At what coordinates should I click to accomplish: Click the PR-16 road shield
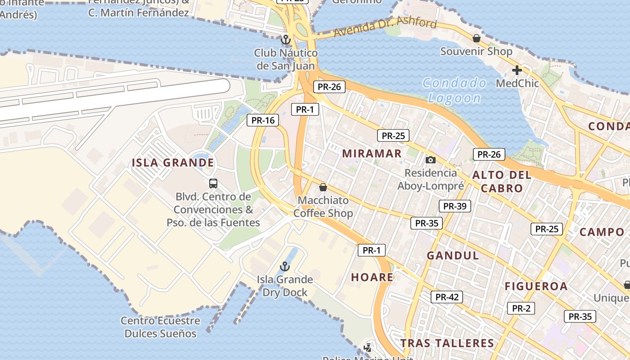point(263,120)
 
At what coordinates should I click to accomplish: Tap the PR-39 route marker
point(455,206)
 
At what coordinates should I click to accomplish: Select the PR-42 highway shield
point(447,297)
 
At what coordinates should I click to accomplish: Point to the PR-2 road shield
point(521,308)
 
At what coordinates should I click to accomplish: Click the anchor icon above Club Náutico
point(285,40)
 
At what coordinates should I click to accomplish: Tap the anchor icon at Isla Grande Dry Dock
point(284,266)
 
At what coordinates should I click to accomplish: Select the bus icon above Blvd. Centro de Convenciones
point(213,183)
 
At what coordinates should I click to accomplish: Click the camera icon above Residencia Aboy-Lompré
point(431,160)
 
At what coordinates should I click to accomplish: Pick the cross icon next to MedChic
point(517,70)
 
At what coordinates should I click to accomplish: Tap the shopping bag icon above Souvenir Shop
point(476,39)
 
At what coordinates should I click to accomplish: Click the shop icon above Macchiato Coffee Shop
point(323,187)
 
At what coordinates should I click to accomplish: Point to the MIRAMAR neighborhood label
point(372,153)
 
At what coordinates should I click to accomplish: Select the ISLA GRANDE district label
point(173,162)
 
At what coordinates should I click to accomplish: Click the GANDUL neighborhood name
point(453,256)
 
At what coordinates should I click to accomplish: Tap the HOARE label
point(372,277)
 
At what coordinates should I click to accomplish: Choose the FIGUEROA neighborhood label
point(536,286)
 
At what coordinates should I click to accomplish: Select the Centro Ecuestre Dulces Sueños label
point(160,327)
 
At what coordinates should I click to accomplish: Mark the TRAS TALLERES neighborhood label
point(447,343)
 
